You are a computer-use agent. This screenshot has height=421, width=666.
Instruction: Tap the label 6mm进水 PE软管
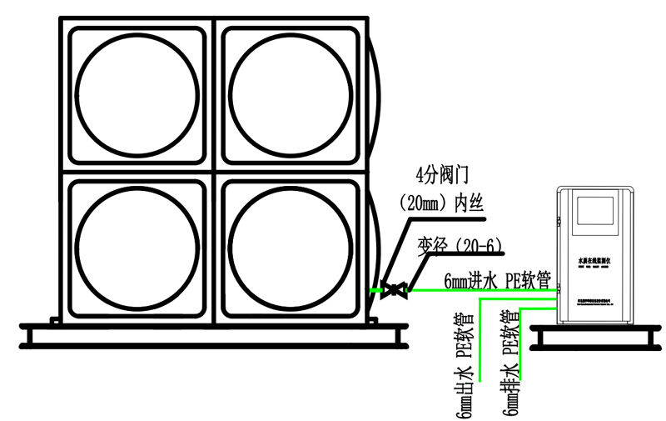pyautogui.click(x=497, y=281)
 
